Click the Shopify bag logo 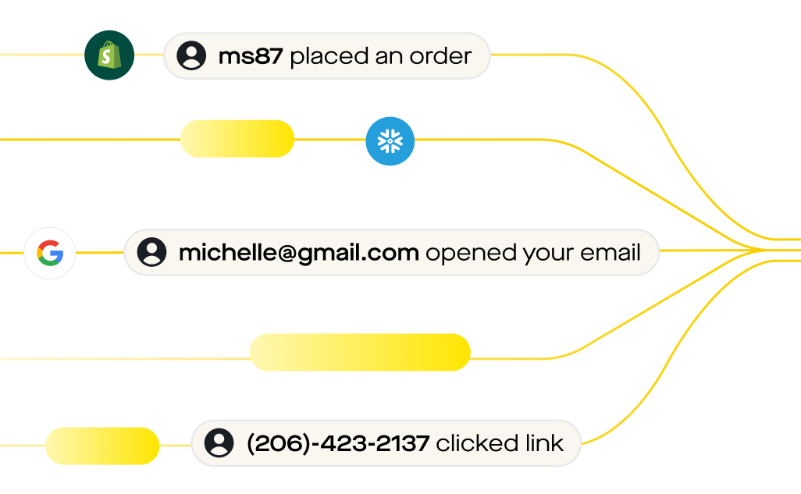pyautogui.click(x=109, y=55)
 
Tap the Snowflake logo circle pyautogui.click(x=390, y=141)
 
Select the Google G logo pyautogui.click(x=50, y=253)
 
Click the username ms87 pyautogui.click(x=251, y=56)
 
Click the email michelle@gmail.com pyautogui.click(x=299, y=253)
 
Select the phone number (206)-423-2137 pyautogui.click(x=338, y=444)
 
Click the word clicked pyautogui.click(x=472, y=444)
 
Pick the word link pyautogui.click(x=545, y=444)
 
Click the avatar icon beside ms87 pyautogui.click(x=191, y=55)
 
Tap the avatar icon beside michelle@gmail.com pyautogui.click(x=151, y=253)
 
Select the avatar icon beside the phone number pyautogui.click(x=219, y=443)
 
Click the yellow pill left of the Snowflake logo pyautogui.click(x=237, y=139)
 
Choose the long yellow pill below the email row pyautogui.click(x=360, y=353)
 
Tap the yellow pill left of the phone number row pyautogui.click(x=102, y=446)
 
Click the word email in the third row pyautogui.click(x=611, y=253)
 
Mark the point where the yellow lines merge pyautogui.click(x=769, y=250)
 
